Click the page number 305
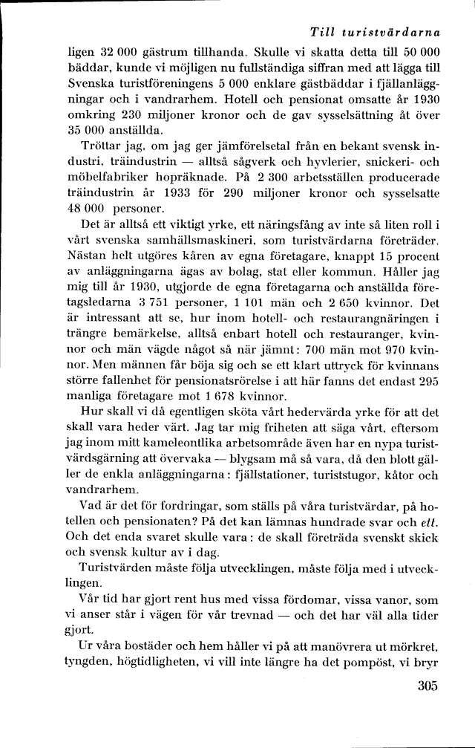click(428, 707)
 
